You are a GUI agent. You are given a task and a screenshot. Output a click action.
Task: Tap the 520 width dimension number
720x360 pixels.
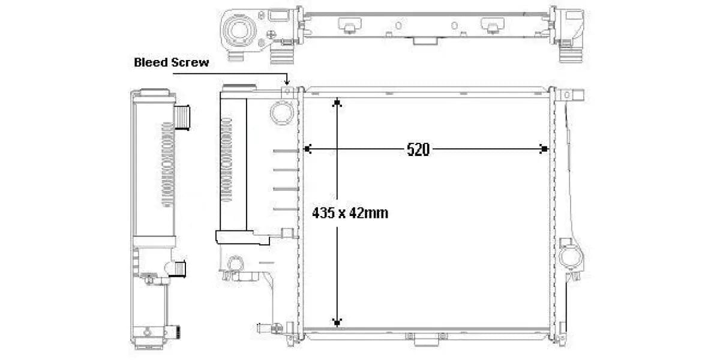coord(418,149)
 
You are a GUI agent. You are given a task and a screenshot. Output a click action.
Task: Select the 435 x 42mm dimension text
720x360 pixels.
coord(350,213)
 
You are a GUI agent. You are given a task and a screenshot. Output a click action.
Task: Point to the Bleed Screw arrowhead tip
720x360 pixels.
coord(287,85)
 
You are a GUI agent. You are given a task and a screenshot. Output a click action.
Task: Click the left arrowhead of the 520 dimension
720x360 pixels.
coord(308,149)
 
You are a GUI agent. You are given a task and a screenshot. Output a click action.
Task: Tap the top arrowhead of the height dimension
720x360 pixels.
coord(337,102)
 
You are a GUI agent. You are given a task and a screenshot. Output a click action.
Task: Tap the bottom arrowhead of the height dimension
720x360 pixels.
coord(337,322)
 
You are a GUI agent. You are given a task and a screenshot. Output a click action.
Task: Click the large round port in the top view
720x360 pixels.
coord(239,31)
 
